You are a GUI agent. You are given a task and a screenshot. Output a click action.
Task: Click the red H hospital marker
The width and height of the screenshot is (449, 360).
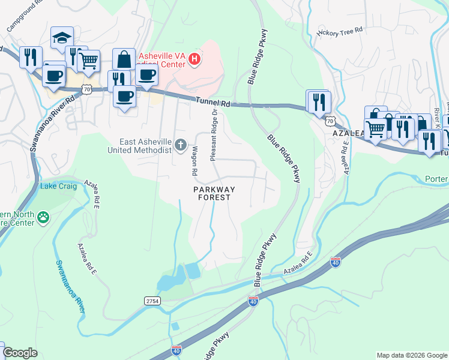(194, 59)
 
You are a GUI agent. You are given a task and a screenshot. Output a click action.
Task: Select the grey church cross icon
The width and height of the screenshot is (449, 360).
(181, 145)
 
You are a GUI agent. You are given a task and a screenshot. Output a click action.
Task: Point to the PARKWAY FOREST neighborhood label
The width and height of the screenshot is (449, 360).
(214, 193)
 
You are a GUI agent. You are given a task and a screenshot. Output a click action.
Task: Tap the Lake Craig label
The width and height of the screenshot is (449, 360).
(56, 186)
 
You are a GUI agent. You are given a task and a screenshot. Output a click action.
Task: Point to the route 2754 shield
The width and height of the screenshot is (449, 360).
(152, 300)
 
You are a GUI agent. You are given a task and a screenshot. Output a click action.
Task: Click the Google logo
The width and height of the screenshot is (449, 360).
(20, 353)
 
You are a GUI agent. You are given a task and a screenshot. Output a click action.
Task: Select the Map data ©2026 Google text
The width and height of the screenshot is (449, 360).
(411, 355)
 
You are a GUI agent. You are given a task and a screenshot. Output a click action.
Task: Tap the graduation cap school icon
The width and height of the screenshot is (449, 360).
(62, 38)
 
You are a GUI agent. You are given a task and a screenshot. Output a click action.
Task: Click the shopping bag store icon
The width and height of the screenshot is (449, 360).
(124, 59)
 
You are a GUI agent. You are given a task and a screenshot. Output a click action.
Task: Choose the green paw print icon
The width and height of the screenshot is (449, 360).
(43, 217)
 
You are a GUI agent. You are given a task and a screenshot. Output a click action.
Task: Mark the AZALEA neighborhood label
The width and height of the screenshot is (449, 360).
(346, 133)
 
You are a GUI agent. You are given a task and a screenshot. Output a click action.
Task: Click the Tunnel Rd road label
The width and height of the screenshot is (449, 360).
(212, 104)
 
